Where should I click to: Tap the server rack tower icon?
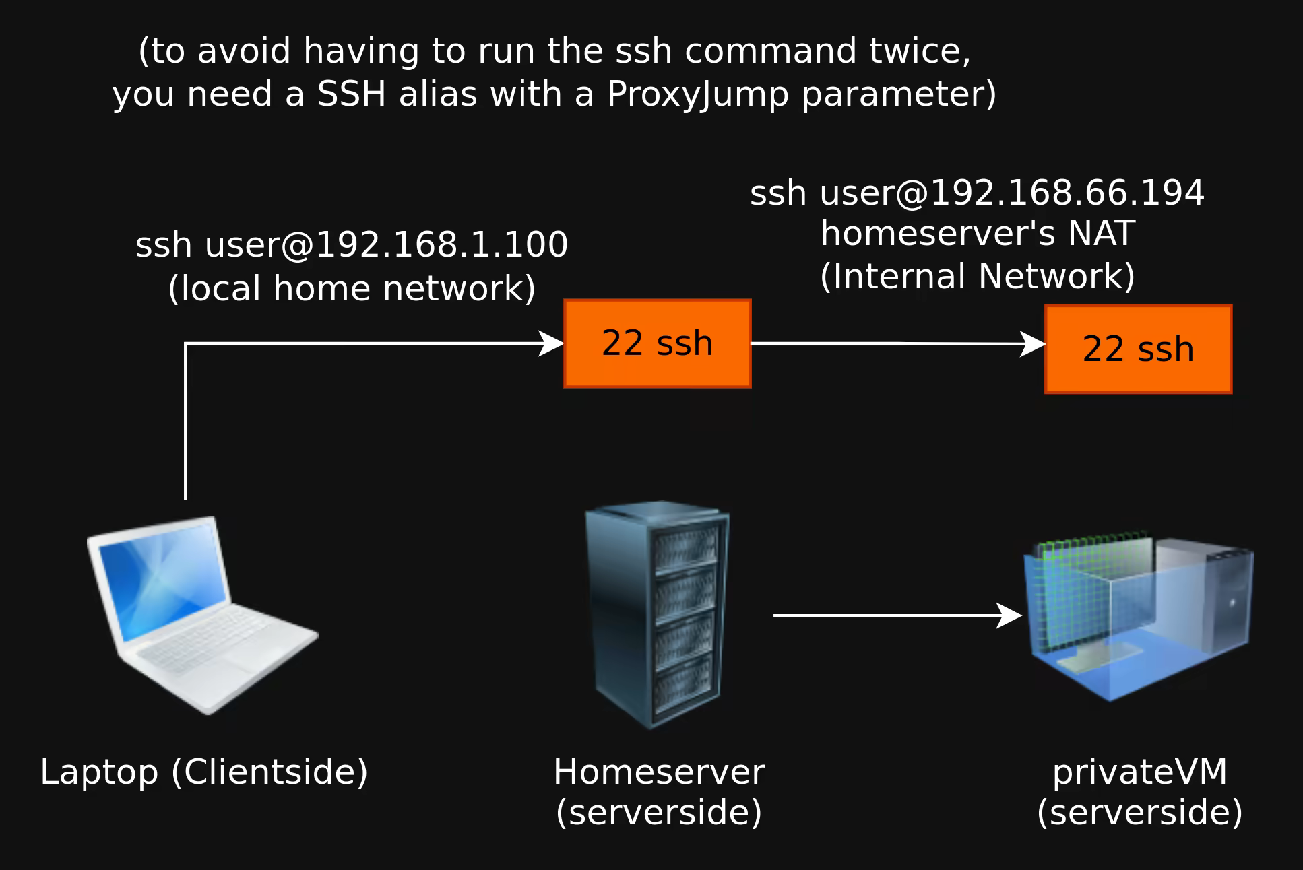point(656,614)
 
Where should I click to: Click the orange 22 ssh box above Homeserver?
point(657,343)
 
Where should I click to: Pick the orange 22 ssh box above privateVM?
point(1138,349)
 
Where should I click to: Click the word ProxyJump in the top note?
point(697,94)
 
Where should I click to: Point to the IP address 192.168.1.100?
point(441,244)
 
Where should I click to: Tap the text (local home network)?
point(351,289)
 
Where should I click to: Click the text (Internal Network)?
point(977,277)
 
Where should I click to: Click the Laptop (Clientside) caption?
point(204,772)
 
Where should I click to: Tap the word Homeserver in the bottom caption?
point(659,772)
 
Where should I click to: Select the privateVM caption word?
point(1139,772)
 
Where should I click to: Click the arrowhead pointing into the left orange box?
point(552,343)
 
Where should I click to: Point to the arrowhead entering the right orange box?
point(1034,344)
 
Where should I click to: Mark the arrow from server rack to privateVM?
point(896,615)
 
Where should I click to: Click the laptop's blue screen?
point(162,586)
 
